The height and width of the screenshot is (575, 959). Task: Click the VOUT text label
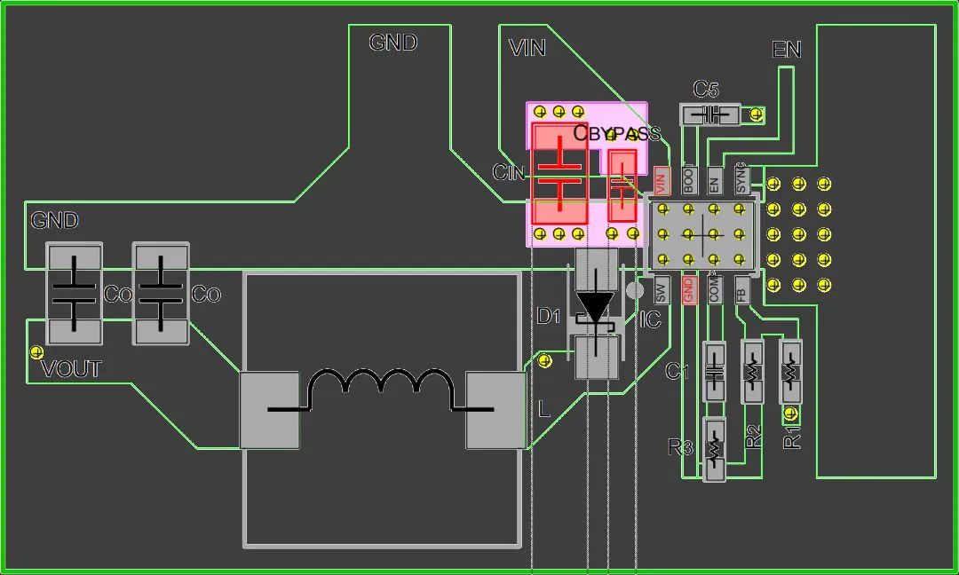[x=71, y=369]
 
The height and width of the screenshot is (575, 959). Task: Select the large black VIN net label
[x=527, y=48]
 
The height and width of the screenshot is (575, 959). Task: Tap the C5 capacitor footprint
[x=709, y=114]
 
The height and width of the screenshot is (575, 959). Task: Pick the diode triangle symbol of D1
[x=595, y=307]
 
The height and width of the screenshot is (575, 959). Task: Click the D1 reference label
[x=549, y=317]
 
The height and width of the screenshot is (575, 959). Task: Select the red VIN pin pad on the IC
[x=660, y=181]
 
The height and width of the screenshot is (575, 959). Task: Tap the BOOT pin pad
[x=689, y=180]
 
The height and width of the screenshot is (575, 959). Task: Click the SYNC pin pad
[x=741, y=180]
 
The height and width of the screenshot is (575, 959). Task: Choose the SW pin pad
[x=661, y=289]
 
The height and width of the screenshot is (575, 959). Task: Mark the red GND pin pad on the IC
[x=688, y=289]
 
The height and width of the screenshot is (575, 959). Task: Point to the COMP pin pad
[x=715, y=289]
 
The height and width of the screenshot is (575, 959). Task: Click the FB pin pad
[x=741, y=289]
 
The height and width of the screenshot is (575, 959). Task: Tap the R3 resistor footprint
[x=714, y=449]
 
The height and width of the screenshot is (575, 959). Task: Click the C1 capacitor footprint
[x=715, y=371]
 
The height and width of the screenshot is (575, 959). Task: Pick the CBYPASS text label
[x=617, y=134]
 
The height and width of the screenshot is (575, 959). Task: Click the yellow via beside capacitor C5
[x=757, y=114]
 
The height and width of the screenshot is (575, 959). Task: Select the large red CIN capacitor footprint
[x=559, y=173]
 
